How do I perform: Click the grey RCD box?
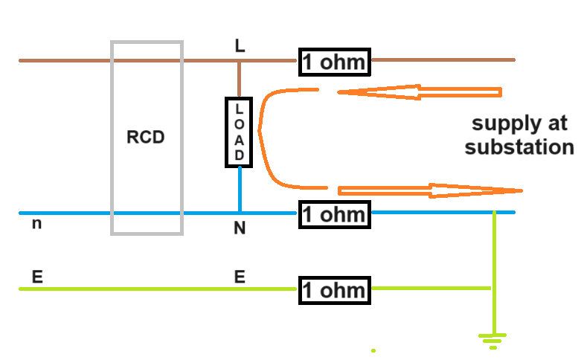[147, 138]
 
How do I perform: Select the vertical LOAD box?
[239, 132]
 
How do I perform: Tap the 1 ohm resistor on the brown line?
[334, 62]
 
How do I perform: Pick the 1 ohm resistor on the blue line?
[334, 215]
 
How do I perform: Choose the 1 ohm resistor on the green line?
[334, 290]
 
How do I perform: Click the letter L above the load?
[239, 46]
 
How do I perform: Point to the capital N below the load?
[240, 229]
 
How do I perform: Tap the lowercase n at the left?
[36, 223]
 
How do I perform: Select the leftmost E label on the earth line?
[36, 277]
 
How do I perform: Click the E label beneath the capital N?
[240, 277]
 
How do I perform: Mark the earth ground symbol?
[491, 341]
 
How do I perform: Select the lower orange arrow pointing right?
[431, 190]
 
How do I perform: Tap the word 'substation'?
[519, 147]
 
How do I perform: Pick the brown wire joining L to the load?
[239, 80]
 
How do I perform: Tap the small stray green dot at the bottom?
[373, 350]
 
